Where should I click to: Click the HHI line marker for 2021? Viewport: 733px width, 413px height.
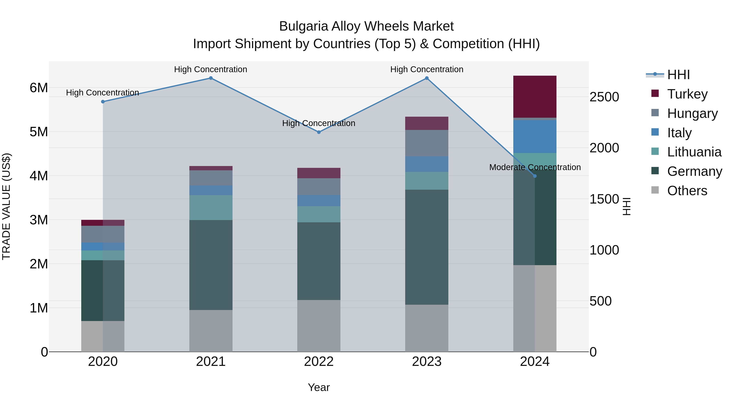click(x=211, y=78)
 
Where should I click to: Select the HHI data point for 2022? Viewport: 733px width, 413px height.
click(x=319, y=132)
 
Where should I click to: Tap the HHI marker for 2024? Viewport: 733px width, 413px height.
click(x=535, y=176)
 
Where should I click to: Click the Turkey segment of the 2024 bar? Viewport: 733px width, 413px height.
click(x=535, y=97)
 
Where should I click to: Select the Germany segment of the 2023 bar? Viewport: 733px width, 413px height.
click(x=427, y=247)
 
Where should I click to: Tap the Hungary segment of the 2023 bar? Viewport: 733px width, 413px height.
click(x=427, y=143)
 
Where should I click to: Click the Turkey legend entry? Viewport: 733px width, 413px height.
click(x=687, y=94)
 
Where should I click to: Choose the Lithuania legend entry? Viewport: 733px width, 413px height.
click(x=694, y=152)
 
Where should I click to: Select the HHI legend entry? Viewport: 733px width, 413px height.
click(x=678, y=75)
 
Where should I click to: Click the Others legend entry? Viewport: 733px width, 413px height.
click(x=687, y=191)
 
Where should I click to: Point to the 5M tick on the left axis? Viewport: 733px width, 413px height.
click(x=39, y=132)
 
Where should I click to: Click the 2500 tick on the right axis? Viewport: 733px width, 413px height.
click(x=604, y=97)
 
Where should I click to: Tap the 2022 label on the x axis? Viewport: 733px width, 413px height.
click(x=319, y=362)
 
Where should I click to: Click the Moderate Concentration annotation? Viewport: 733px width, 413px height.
click(x=535, y=167)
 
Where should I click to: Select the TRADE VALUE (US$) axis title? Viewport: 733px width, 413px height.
click(x=6, y=206)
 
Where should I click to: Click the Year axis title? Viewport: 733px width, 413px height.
click(x=319, y=387)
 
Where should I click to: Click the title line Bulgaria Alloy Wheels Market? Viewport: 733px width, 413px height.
click(x=366, y=26)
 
